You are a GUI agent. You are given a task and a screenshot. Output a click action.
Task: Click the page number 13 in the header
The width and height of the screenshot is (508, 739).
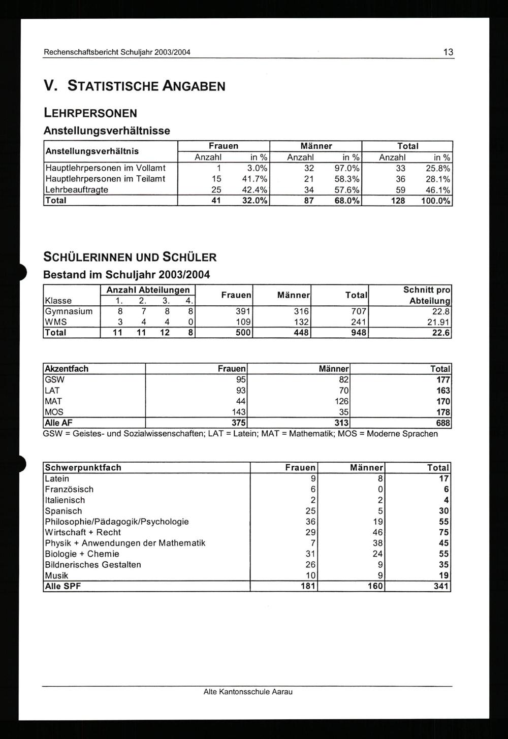[x=448, y=52]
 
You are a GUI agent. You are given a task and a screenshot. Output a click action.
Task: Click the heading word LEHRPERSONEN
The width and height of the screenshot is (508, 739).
[x=90, y=113]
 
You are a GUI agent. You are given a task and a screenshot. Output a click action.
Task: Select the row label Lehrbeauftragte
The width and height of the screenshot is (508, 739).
[x=77, y=189]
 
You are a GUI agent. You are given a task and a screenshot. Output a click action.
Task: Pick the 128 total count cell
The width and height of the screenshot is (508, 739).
[x=398, y=201]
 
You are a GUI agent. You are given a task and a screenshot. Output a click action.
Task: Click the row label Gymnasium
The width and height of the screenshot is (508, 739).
[x=69, y=311]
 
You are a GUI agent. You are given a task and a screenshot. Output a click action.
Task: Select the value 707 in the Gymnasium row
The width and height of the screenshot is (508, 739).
[x=359, y=311]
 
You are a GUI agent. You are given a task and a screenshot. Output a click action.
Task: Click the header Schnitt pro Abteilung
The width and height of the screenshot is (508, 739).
[x=427, y=295]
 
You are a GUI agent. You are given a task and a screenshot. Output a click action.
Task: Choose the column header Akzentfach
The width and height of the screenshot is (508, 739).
[x=67, y=369]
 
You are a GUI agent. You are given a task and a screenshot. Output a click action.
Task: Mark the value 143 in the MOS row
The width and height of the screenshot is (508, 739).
[x=239, y=412]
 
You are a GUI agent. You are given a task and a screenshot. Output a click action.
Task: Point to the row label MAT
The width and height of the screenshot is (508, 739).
[x=53, y=401]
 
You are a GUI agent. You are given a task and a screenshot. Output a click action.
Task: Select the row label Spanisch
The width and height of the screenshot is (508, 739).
[x=63, y=511]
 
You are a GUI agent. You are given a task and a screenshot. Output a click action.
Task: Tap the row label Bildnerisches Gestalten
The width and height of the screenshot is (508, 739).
[x=93, y=565]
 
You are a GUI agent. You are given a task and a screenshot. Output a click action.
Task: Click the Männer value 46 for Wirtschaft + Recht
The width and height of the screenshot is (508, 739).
[x=377, y=532]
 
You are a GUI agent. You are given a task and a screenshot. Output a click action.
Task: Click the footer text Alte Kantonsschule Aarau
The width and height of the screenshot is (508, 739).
[x=248, y=692]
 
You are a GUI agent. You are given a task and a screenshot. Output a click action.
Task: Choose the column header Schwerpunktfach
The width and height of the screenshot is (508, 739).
[x=83, y=468]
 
